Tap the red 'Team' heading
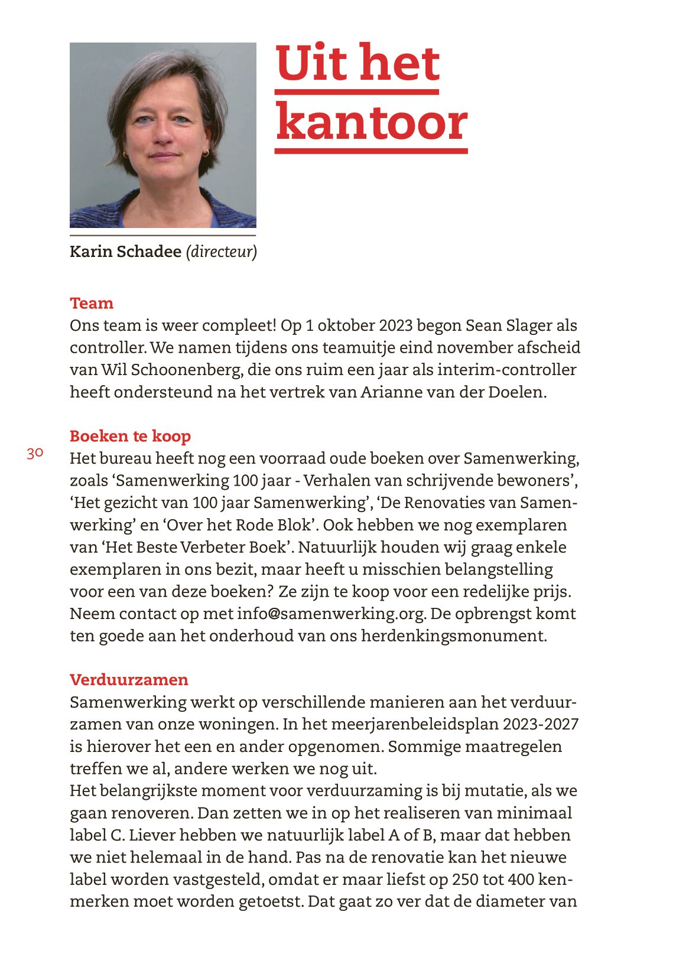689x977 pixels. [x=92, y=303]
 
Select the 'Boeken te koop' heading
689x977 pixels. [x=130, y=436]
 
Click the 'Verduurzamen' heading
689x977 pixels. [x=129, y=679]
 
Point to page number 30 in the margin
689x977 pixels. [x=35, y=453]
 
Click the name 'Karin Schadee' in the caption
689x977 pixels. [x=125, y=252]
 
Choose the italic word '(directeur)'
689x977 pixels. [x=222, y=252]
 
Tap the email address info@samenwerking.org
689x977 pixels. [x=331, y=614]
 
